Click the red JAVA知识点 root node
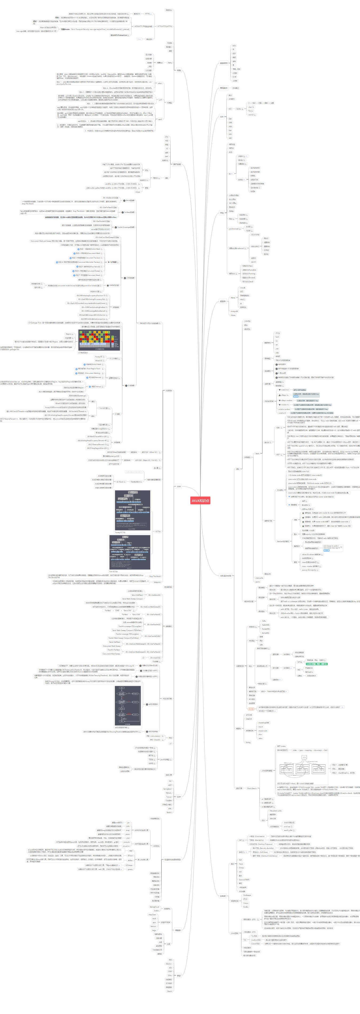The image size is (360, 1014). click(200, 501)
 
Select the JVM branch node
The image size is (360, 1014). click(179, 486)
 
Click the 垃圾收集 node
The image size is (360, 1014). click(169, 391)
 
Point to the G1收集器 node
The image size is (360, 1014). click(130, 385)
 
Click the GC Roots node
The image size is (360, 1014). click(120, 482)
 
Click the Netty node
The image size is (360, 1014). click(169, 62)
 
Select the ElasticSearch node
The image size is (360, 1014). click(252, 788)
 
